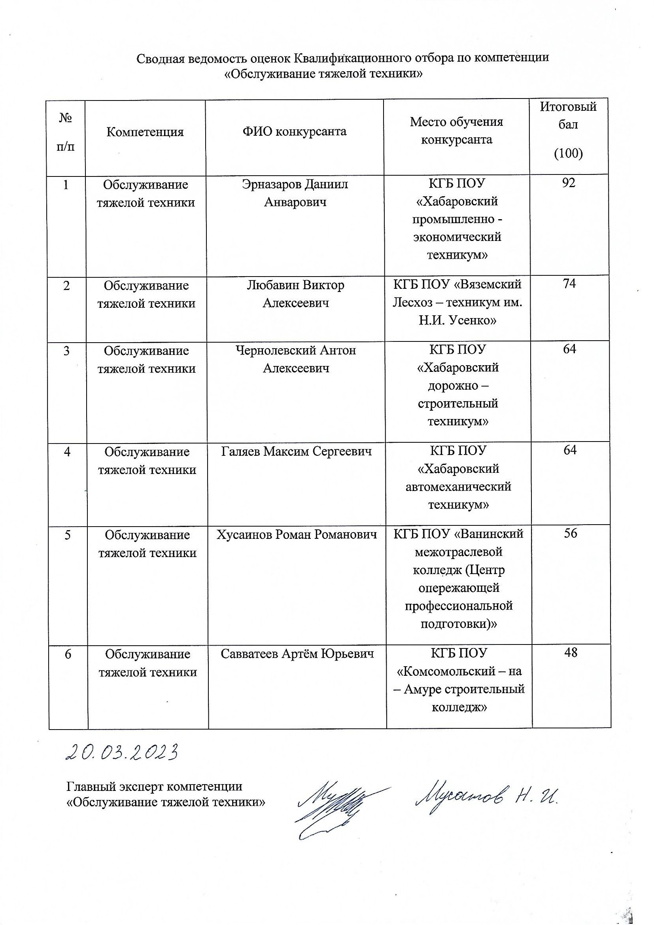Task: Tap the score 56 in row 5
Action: (570, 533)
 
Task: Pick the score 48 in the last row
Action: (571, 653)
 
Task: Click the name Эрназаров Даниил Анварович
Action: (295, 193)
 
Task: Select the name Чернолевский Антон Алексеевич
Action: (296, 359)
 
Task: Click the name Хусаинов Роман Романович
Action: (297, 535)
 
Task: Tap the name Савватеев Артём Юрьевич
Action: (297, 654)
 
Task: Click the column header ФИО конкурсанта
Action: (295, 131)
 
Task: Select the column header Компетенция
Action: (145, 132)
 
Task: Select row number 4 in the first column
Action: (67, 452)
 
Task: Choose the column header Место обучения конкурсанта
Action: (456, 131)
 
